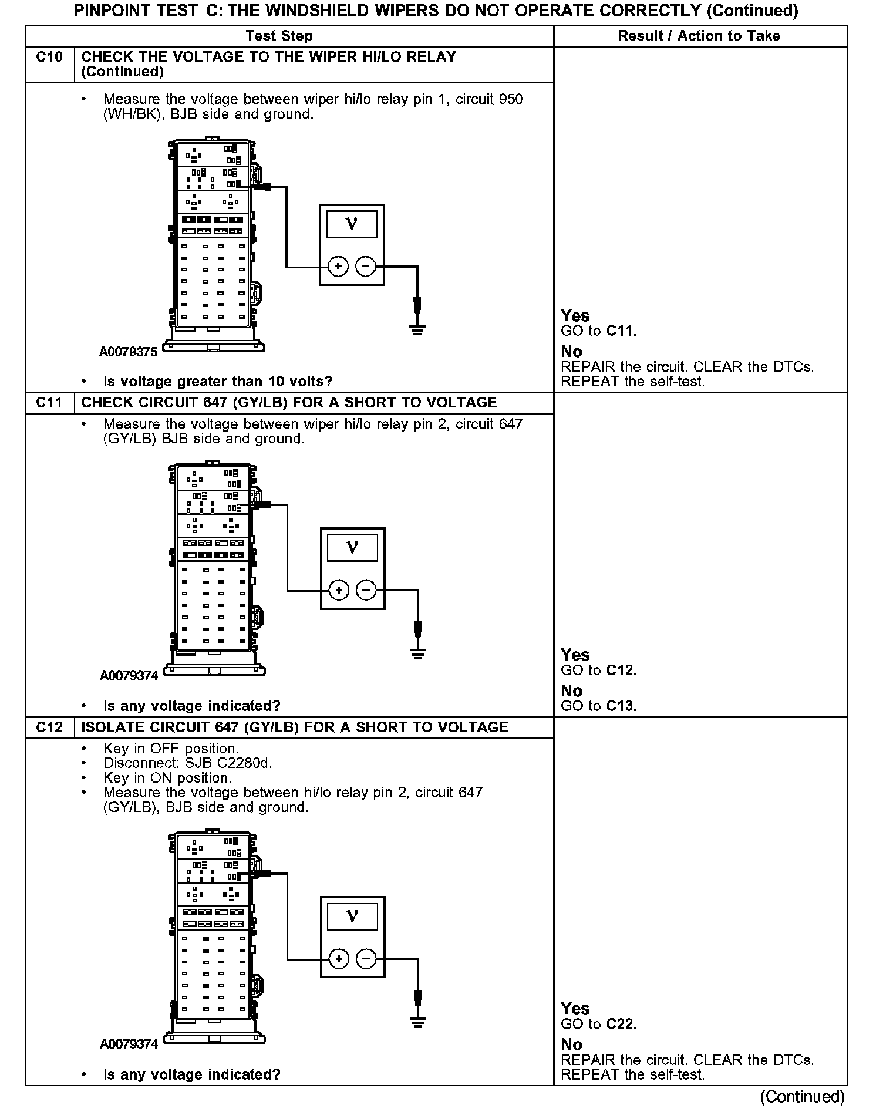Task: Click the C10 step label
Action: pos(49,58)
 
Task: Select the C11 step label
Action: pos(49,403)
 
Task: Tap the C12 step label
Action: pos(49,727)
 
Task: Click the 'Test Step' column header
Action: pos(279,36)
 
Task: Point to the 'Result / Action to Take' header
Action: pos(699,36)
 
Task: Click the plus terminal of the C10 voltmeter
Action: pos(338,267)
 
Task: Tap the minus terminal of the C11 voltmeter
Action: pos(366,590)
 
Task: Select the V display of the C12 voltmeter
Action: pos(352,916)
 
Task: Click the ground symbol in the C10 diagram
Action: pos(417,329)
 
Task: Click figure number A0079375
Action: pos(129,352)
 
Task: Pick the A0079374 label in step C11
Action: pos(129,676)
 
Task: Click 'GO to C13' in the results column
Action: pos(598,706)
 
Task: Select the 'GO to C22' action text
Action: pos(598,1025)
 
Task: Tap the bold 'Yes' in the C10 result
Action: pos(575,316)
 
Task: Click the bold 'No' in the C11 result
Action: pos(571,691)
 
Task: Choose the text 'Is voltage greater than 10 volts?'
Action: pos(218,382)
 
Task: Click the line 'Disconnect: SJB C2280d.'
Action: pos(188,763)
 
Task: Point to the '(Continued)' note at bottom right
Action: pos(802,1097)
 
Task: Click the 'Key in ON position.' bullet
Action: pos(167,778)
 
